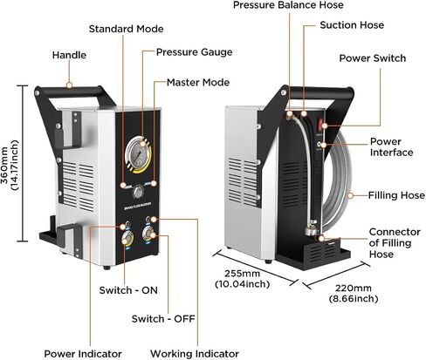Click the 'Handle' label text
coord(69,55)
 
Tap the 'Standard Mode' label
coord(126,29)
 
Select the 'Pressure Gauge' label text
coord(195,52)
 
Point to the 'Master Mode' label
coord(198,82)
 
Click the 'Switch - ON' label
coord(128,290)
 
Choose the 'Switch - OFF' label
coord(163,319)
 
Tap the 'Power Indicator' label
coord(83,354)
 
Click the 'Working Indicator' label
coord(195,354)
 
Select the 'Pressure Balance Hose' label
coord(288,5)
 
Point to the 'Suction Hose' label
coord(352,25)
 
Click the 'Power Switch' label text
coord(373,58)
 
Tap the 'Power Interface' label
coord(391,146)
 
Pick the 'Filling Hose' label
coord(396,195)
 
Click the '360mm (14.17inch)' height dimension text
coord(10,165)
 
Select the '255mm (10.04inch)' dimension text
coord(242,278)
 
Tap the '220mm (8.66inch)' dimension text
coord(354,293)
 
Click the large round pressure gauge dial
coord(138,155)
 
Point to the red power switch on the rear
coord(320,124)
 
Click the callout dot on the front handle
coord(69,85)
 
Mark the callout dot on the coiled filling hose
coord(350,195)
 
